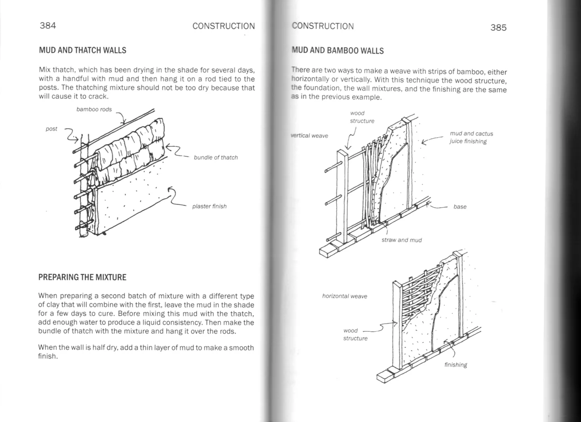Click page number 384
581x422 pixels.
pos(48,26)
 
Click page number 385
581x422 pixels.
pos(498,28)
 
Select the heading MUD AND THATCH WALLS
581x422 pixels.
pos(82,50)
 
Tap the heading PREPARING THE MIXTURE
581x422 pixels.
pos(82,277)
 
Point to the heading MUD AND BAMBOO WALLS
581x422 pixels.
pos(338,50)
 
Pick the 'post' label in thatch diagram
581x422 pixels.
pos(52,129)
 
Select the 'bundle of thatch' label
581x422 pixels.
pos(216,157)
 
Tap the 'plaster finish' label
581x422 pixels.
pos(209,206)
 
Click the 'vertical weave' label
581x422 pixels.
pos(310,136)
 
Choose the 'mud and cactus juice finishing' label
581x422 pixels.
pos(471,137)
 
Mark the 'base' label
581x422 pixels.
pos(460,207)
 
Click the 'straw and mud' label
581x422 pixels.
pos(401,240)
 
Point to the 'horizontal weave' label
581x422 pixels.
pos(345,296)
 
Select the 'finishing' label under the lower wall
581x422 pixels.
pos(455,364)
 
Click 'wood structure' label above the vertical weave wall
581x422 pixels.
pos(362,117)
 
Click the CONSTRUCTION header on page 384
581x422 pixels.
pos(223,26)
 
